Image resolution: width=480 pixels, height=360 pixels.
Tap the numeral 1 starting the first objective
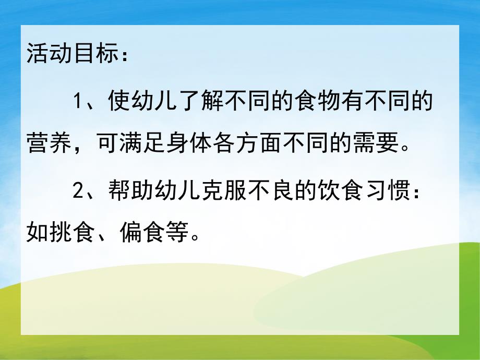coord(78,100)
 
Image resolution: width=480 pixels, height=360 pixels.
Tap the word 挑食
coord(70,235)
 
